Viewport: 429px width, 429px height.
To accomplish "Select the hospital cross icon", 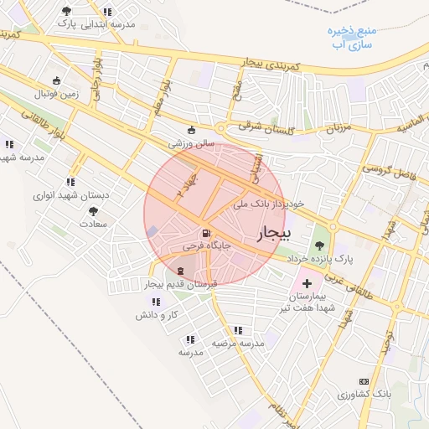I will pos(306,284).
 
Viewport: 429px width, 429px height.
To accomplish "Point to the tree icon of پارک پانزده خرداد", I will pos(319,245).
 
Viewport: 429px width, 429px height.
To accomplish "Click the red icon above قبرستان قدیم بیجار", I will pos(183,271).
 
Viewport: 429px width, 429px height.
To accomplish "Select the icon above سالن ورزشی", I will pos(192,130).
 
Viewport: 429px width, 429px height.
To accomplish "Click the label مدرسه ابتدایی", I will pos(106,24).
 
